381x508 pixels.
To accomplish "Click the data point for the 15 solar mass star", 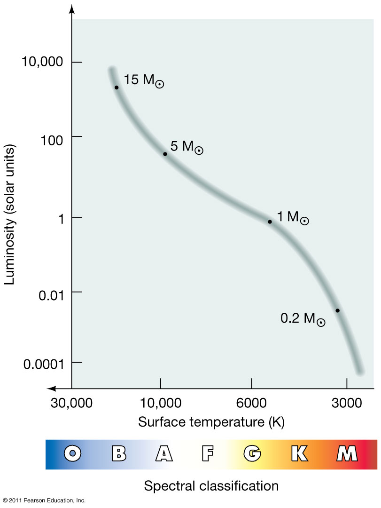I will coord(117,87).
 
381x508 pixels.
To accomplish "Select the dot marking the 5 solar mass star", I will coord(165,154).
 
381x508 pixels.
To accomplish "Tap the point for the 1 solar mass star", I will coord(270,222).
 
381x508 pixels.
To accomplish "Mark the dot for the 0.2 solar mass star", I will coord(337,310).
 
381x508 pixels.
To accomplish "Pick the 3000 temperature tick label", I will coord(347,404).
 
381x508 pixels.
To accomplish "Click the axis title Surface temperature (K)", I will coord(211,421).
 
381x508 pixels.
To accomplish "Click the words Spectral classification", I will coord(211,485).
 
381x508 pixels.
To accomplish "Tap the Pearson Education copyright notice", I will coord(44,500).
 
